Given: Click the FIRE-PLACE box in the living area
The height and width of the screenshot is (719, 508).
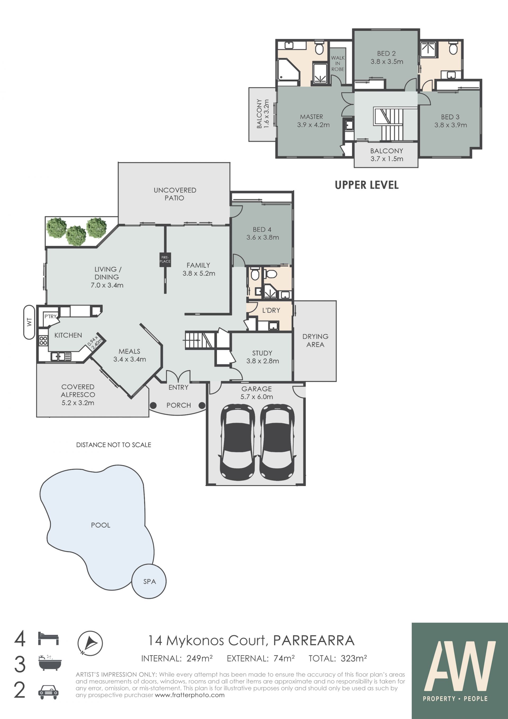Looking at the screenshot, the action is (165, 260).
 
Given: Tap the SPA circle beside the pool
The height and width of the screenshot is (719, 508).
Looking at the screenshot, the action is (149, 581).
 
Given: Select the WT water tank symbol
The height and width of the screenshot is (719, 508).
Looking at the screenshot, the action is (29, 322).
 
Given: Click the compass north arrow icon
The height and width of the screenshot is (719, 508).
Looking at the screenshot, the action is (90, 643).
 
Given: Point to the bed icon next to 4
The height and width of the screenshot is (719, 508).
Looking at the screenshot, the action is (48, 638).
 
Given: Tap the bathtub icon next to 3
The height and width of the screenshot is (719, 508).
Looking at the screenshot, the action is (50, 663).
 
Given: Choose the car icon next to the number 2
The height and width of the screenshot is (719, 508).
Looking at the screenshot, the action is (48, 692).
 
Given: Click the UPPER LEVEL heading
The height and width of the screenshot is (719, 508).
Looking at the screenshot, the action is (367, 185).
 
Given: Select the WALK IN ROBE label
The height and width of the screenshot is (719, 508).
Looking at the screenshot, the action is (338, 64).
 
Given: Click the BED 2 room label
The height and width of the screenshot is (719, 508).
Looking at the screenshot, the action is (386, 53).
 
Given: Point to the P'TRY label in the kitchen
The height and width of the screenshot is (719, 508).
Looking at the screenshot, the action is (50, 316).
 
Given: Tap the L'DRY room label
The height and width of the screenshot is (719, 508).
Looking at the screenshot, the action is (271, 310).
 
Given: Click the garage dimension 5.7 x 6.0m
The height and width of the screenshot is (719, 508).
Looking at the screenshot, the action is (256, 397).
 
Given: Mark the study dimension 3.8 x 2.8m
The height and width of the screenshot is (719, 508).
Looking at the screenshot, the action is (262, 361).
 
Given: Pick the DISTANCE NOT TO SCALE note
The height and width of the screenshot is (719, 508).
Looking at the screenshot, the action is (114, 445).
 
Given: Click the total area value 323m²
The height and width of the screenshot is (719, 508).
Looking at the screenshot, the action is (354, 659).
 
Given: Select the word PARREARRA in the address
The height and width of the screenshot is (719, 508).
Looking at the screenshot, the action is (314, 641).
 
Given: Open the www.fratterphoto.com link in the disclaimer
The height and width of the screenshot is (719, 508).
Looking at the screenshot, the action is (189, 695).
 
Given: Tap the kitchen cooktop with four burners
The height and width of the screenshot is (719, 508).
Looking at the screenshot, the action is (43, 340).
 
